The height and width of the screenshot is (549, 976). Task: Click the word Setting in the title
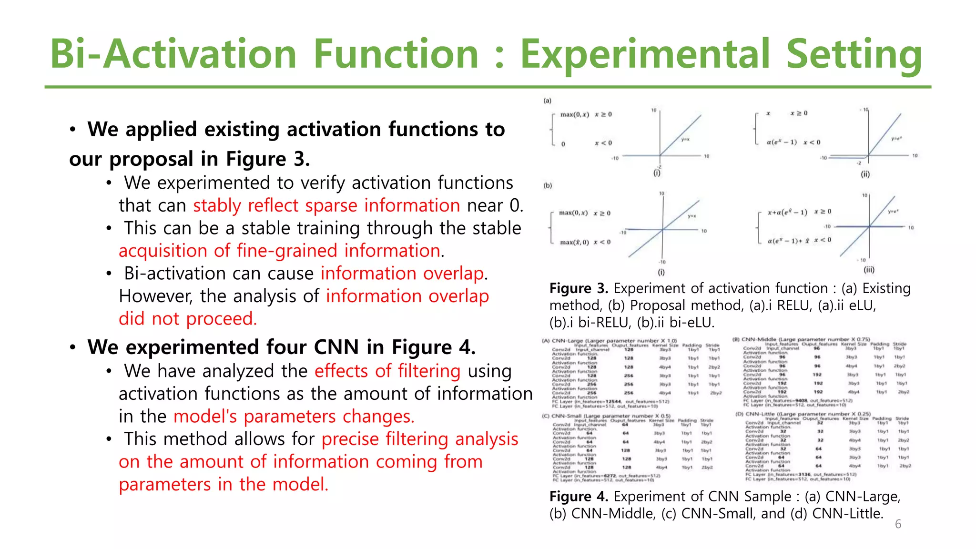854,54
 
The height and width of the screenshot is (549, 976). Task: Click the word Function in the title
396,54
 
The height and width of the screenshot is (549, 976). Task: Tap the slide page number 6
898,524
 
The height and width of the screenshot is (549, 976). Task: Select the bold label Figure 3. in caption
579,288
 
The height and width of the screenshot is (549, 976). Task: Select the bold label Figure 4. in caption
579,497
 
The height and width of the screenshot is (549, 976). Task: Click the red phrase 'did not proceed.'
188,318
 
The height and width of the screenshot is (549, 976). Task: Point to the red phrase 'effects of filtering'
387,371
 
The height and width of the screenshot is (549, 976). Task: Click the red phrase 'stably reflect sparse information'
326,205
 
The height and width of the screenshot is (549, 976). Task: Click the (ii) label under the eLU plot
865,174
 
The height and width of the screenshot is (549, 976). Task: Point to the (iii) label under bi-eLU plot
869,270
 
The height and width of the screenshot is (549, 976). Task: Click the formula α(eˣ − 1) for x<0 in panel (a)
782,142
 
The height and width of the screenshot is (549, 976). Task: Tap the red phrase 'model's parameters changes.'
294,417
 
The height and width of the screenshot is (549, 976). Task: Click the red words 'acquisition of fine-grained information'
279,251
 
